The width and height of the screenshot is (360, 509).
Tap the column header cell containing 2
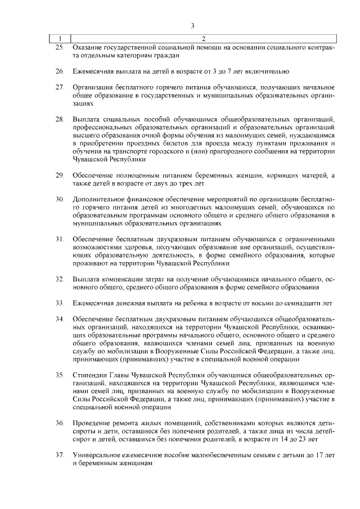(x=204, y=39)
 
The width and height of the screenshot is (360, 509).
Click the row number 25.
(x=60, y=47)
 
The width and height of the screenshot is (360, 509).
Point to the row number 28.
(x=60, y=120)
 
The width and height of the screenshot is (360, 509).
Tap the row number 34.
(x=60, y=319)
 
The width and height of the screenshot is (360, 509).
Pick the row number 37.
(x=60, y=454)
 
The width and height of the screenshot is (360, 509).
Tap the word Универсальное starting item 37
(x=98, y=454)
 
